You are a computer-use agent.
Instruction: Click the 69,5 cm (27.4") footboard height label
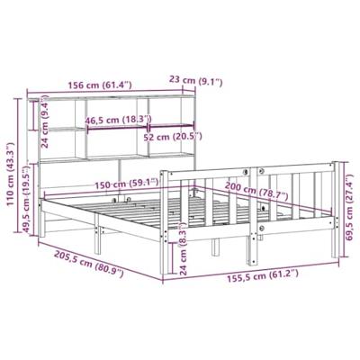pyautogui.click(x=349, y=209)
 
